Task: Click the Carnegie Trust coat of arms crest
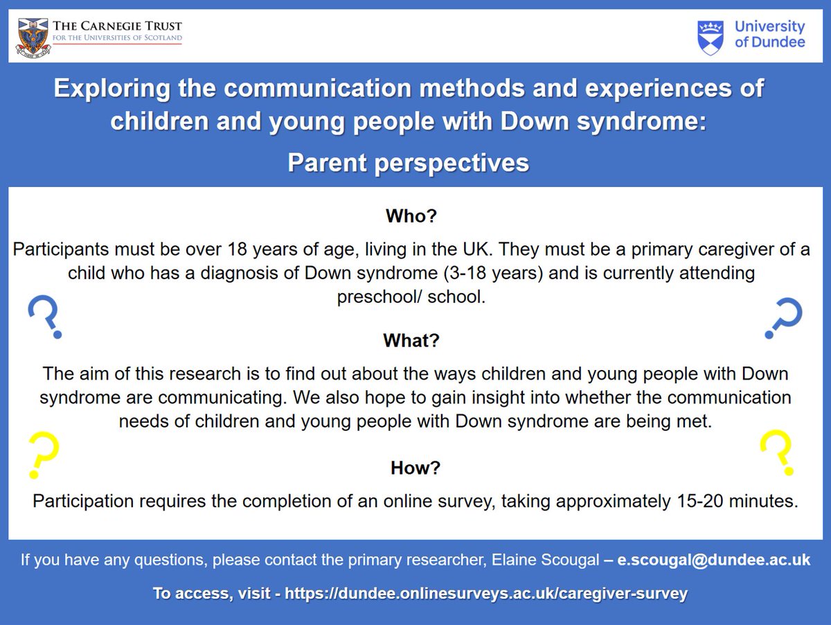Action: point(30,35)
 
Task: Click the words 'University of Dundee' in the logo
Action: point(769,34)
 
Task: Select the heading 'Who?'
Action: point(411,216)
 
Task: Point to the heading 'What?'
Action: point(411,342)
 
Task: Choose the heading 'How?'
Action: point(415,468)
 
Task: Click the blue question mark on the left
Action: point(44,317)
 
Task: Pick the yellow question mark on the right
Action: point(776,450)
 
